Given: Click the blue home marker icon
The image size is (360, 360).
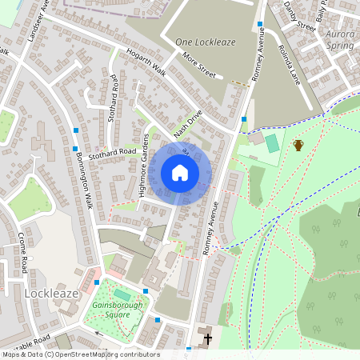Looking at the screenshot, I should (180, 173).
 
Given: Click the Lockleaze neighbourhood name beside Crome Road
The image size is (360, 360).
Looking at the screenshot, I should (52, 294).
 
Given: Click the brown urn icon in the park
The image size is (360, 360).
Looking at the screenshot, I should (298, 145).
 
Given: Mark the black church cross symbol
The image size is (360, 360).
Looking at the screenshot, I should (208, 338).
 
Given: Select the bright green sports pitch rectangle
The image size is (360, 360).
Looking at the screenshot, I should (272, 143).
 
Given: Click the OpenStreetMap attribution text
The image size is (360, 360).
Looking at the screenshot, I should (80, 354).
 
